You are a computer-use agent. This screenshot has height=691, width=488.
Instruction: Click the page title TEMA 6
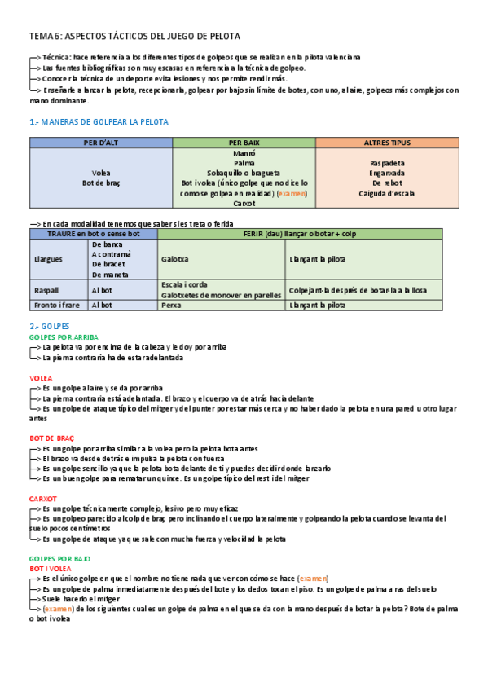(x=134, y=37)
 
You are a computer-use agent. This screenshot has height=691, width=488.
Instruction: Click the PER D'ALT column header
(x=101, y=143)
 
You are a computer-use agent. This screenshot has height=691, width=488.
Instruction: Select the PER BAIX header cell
(x=244, y=143)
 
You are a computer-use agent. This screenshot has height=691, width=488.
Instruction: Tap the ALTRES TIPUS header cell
(x=387, y=143)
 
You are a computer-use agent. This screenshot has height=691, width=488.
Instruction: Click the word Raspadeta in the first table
(x=387, y=163)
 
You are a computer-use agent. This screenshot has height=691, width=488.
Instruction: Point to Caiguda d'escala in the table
(x=387, y=194)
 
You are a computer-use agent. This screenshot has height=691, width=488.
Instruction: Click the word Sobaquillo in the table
(x=226, y=174)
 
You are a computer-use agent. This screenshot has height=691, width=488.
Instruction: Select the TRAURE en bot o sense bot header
(x=93, y=234)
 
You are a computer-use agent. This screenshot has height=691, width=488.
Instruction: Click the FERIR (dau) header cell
(x=300, y=234)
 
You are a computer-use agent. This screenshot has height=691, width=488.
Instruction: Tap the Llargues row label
(x=47, y=259)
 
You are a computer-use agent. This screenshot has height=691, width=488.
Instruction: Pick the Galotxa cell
(x=175, y=259)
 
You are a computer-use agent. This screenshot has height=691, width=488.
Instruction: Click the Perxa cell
(x=171, y=305)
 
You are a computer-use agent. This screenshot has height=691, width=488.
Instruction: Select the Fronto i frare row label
(x=56, y=305)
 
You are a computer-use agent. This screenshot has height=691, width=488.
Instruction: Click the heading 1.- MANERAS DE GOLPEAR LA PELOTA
(x=99, y=121)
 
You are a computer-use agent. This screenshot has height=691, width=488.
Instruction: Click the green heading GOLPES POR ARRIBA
(x=64, y=336)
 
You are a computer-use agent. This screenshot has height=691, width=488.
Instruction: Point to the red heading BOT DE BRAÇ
(x=51, y=438)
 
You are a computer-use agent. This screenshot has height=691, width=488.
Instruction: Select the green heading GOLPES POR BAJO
(x=59, y=558)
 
